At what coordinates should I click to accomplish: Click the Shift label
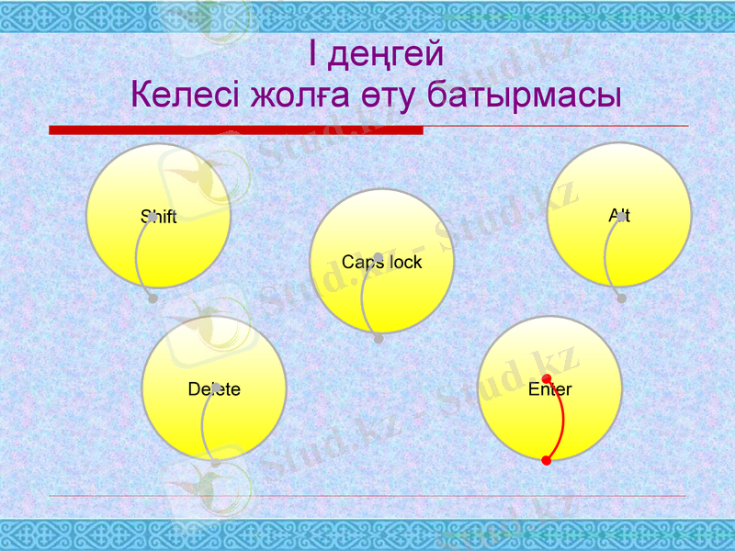[x=158, y=218]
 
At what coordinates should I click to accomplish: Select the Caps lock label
[x=381, y=263]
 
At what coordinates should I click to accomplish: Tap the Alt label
[x=619, y=216]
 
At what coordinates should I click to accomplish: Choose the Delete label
[x=214, y=389]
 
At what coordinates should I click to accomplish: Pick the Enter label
[x=550, y=389]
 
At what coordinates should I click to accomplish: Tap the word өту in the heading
[x=388, y=94]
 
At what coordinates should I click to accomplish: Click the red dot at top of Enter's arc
[x=547, y=378]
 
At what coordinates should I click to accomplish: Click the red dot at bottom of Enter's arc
[x=547, y=461]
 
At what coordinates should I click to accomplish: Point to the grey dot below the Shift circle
[x=153, y=299]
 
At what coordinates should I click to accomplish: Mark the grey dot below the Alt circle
[x=622, y=298]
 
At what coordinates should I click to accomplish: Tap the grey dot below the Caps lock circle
[x=379, y=339]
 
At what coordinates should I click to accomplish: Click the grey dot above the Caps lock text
[x=379, y=257]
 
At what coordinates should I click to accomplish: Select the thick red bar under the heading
[x=235, y=130]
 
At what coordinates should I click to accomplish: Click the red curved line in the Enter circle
[x=562, y=420]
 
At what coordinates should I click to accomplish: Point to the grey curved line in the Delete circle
[x=203, y=427]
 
